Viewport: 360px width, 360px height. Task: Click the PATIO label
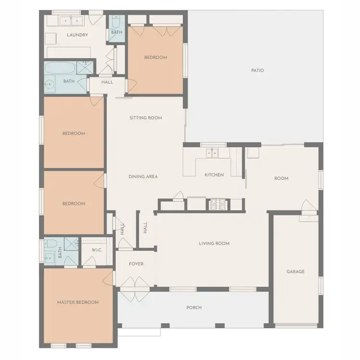(257, 71)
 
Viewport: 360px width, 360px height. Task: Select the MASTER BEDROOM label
(78, 302)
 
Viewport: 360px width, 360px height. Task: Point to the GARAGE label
(296, 272)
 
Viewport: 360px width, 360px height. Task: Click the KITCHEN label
(214, 175)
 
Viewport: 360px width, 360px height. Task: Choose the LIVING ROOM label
(214, 243)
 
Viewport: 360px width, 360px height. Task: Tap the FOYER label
(136, 264)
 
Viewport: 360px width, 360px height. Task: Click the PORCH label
(194, 307)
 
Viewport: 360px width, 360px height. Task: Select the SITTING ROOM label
(145, 118)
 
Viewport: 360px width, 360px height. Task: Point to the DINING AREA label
(143, 177)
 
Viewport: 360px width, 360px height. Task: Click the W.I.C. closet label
(98, 250)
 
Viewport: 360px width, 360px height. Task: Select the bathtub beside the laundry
(60, 67)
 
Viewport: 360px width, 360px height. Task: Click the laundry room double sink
(71, 21)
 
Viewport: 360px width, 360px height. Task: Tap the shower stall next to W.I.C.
(72, 244)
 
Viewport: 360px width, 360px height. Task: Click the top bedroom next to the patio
(156, 58)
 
